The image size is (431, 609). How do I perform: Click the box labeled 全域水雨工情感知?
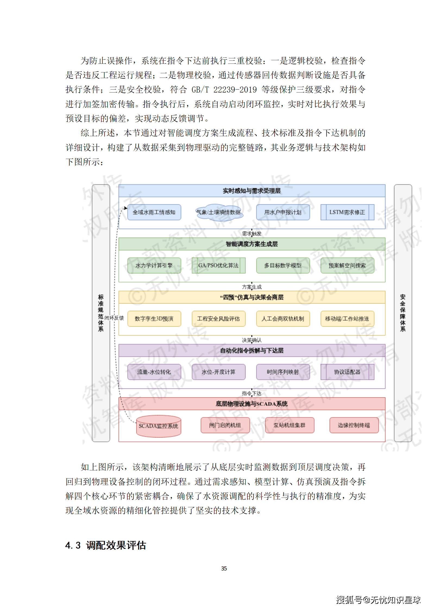pos(154,212)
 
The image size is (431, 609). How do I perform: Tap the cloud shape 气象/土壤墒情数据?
pos(219,212)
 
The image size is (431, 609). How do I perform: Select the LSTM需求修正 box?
pos(347,212)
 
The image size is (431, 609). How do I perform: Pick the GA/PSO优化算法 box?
pos(218,265)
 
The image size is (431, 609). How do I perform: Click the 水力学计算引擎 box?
pos(154,265)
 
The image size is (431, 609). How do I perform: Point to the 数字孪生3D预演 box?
pos(154,319)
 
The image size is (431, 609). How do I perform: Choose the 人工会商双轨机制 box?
pos(283,319)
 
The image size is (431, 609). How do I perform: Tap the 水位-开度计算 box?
pos(218,372)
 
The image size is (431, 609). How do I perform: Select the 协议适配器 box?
pos(347,372)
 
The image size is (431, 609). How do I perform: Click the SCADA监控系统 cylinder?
pos(158,426)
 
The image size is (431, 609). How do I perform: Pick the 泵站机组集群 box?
pos(290,425)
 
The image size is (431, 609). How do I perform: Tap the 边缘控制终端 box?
pos(354,425)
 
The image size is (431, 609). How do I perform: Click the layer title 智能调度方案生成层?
pos(252,244)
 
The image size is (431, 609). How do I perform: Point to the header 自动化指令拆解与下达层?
pos(252,350)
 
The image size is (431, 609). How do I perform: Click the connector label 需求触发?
pos(252,234)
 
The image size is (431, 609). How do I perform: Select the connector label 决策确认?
pos(252,340)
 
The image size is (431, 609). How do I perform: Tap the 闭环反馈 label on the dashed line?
pos(114,318)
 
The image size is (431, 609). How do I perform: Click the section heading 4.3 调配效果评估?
pos(106,545)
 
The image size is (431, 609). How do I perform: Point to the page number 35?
pos(224,569)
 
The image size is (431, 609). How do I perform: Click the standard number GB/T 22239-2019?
pos(224,90)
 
